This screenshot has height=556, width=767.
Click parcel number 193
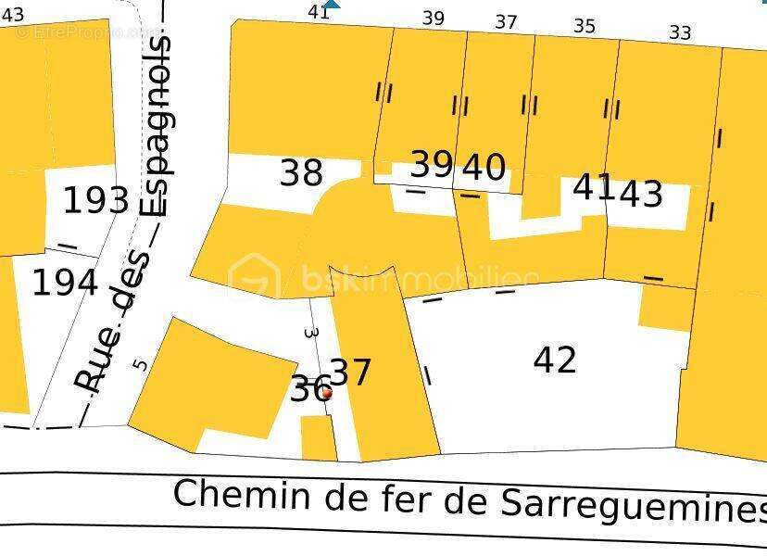point(95,199)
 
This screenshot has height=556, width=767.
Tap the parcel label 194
point(65,282)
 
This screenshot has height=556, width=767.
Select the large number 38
point(301,171)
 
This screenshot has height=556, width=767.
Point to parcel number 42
point(555,360)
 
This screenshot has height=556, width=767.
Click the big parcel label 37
point(351,373)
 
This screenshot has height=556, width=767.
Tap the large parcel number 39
point(432,164)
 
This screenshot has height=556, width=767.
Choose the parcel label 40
point(484,168)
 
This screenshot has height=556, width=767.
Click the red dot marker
point(326,393)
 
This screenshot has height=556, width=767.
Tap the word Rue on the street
point(91,370)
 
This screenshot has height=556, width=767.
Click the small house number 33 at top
point(680,33)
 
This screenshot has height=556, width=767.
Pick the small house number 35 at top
point(584,26)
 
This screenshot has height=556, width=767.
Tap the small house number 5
point(140,363)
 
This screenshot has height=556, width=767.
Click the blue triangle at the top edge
point(331,5)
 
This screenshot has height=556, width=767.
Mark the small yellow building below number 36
point(319,436)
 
